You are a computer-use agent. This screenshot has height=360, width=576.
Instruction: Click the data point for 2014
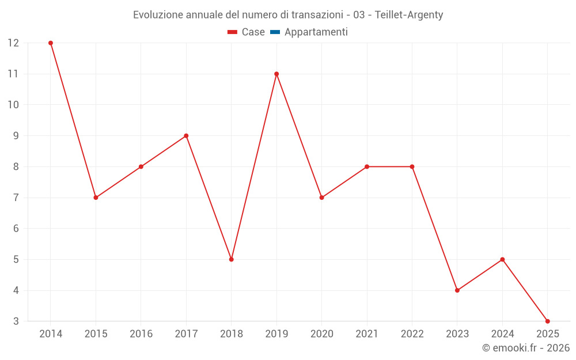click(x=51, y=43)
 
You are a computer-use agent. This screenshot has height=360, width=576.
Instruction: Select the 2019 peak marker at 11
click(x=276, y=74)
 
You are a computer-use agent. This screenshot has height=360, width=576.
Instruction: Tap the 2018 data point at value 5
click(x=231, y=259)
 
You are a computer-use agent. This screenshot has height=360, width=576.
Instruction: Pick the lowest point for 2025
click(x=547, y=321)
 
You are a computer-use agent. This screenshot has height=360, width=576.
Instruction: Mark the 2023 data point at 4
click(x=457, y=290)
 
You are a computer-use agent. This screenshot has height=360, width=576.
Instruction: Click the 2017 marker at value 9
click(x=186, y=136)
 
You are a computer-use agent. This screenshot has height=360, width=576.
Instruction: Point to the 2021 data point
click(x=366, y=166)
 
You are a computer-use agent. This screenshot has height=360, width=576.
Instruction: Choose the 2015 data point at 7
click(x=96, y=198)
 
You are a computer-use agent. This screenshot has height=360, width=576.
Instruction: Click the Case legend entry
click(x=247, y=32)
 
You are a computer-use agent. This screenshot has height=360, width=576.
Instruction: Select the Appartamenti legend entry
click(x=309, y=32)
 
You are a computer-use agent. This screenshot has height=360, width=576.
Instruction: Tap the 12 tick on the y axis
click(x=13, y=43)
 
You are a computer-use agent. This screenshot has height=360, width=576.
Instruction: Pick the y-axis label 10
click(x=13, y=105)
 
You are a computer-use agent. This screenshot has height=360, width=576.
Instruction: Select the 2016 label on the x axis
click(x=141, y=334)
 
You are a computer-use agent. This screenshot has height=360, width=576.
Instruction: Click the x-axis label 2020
click(x=321, y=334)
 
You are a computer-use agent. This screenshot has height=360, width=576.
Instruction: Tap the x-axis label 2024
click(x=502, y=334)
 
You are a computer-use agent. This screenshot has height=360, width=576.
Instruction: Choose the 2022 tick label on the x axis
click(x=412, y=334)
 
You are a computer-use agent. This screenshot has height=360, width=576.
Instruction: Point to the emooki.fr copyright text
click(x=525, y=348)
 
